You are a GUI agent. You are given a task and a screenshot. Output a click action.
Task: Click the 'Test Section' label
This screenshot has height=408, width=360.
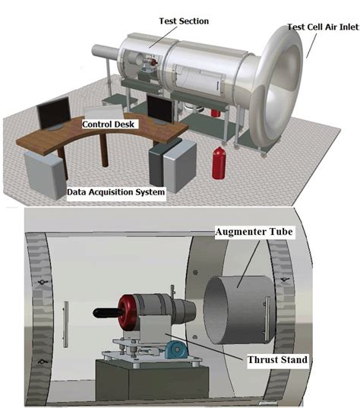(x=184, y=21)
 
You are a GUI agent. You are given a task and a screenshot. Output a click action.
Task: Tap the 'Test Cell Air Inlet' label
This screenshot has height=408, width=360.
(x=324, y=27)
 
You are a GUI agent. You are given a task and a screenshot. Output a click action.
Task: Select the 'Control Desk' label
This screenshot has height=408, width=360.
(x=108, y=124)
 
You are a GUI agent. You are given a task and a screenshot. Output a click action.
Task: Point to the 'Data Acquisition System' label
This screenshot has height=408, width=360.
(x=116, y=192)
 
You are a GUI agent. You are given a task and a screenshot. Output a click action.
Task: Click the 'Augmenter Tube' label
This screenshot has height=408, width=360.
(x=254, y=232)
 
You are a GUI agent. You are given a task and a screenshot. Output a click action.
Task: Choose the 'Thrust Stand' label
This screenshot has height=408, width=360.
(x=277, y=360)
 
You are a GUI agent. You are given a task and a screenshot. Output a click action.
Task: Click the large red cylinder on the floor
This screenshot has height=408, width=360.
(x=219, y=163)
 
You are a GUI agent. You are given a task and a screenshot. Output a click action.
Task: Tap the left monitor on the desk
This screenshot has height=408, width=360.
(x=54, y=114)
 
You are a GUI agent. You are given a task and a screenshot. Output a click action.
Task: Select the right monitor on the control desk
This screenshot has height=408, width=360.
(x=159, y=110)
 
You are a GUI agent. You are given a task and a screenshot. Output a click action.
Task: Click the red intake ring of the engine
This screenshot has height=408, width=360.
(x=127, y=312)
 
